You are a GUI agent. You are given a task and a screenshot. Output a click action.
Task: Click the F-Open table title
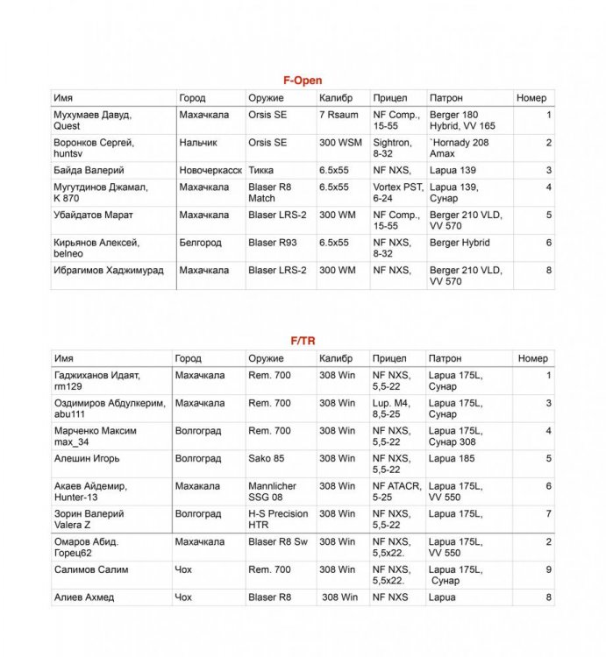302,81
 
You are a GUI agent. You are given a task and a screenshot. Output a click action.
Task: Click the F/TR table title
302,341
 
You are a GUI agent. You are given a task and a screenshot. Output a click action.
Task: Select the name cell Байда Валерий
89,170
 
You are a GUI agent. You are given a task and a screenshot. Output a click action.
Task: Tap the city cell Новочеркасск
210,170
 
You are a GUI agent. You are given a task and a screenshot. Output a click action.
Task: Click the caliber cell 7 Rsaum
336,115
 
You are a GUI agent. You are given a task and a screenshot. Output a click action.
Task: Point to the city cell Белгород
200,243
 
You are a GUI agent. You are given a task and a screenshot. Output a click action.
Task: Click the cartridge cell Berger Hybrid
460,243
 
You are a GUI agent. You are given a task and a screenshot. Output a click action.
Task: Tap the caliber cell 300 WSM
339,142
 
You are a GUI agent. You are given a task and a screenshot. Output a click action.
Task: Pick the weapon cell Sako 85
267,458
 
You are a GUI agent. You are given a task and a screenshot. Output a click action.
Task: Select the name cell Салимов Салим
91,569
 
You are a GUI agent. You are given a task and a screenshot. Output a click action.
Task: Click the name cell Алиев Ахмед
85,597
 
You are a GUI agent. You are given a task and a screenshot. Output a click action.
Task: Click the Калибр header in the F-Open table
336,98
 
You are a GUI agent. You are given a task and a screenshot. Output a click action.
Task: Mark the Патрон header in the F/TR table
446,358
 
